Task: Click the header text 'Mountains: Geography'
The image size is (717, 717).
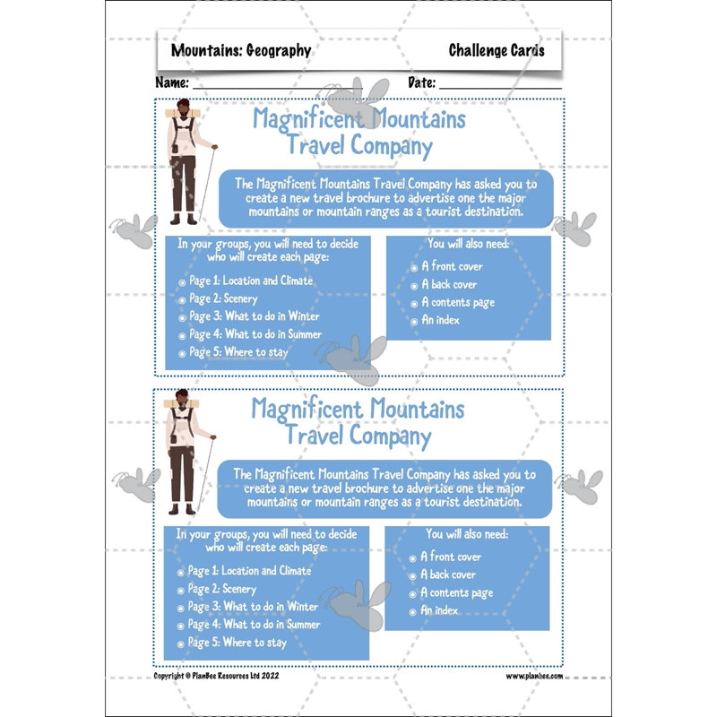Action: coord(241,51)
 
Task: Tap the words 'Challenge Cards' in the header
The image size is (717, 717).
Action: coord(496,51)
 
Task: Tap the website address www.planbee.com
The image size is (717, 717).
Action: coord(534,677)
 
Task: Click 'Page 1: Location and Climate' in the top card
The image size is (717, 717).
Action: coord(250,281)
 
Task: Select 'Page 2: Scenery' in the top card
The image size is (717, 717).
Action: coord(222,298)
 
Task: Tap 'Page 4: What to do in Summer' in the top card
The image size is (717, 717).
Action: coord(255,334)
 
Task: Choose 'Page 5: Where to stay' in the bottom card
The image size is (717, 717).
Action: coord(237,643)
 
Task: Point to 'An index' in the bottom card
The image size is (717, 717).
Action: coord(439,610)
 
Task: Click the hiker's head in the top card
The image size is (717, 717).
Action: coord(185,109)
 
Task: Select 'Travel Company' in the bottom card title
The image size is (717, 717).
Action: coord(358,436)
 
